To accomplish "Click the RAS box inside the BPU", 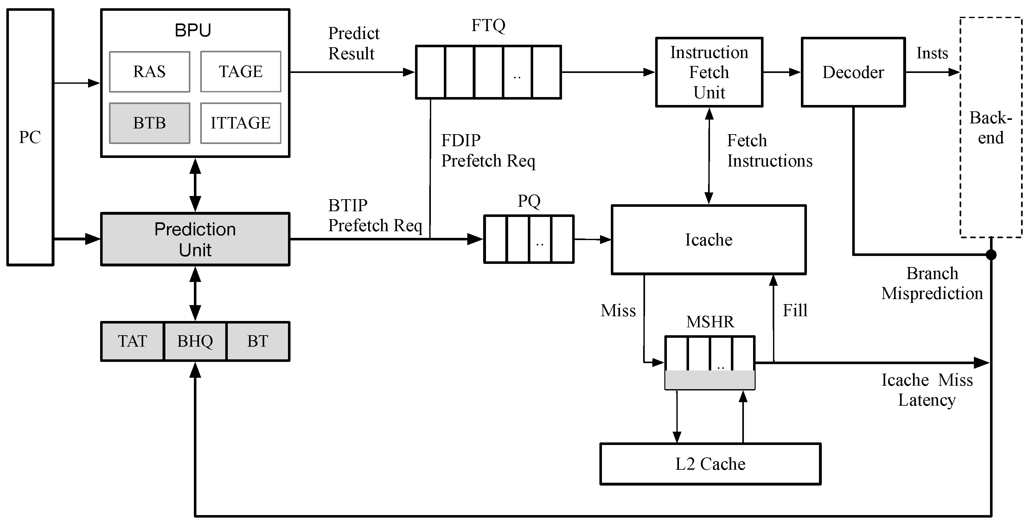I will coord(150,72).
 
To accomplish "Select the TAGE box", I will coord(240,72).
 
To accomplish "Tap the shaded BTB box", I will coord(150,123).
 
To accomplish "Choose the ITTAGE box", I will coord(240,123).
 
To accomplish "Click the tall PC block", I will coord(30,137).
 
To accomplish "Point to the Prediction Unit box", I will coord(195,239).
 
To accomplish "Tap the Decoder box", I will coord(853,72).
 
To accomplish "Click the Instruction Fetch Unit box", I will coord(709,72).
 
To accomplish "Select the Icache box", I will coord(709,240).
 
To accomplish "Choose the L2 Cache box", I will coord(710,464).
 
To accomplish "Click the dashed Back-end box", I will coord(991,127).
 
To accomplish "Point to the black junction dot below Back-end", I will coord(991,255).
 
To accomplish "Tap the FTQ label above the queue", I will coord(488,26).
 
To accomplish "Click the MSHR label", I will coord(710,322).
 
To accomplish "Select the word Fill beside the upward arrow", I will coord(795,310).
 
